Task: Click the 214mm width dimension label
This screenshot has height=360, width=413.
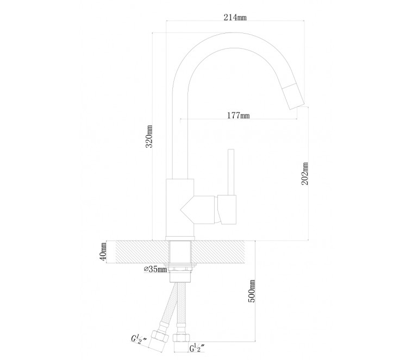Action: pos(235,17)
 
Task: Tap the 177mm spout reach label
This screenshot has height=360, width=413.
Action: pos(239,115)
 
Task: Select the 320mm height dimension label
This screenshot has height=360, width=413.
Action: pos(149,137)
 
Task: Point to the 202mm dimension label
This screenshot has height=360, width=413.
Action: pos(305,174)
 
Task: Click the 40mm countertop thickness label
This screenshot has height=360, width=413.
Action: pos(103,251)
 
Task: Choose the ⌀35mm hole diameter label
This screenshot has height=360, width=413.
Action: pos(155,269)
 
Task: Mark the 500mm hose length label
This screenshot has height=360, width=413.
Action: pos(252,292)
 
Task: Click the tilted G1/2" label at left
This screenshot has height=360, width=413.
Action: pos(139,339)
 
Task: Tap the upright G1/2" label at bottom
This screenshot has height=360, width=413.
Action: pos(197,348)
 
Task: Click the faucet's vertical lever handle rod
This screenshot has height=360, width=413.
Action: pos(231,172)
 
